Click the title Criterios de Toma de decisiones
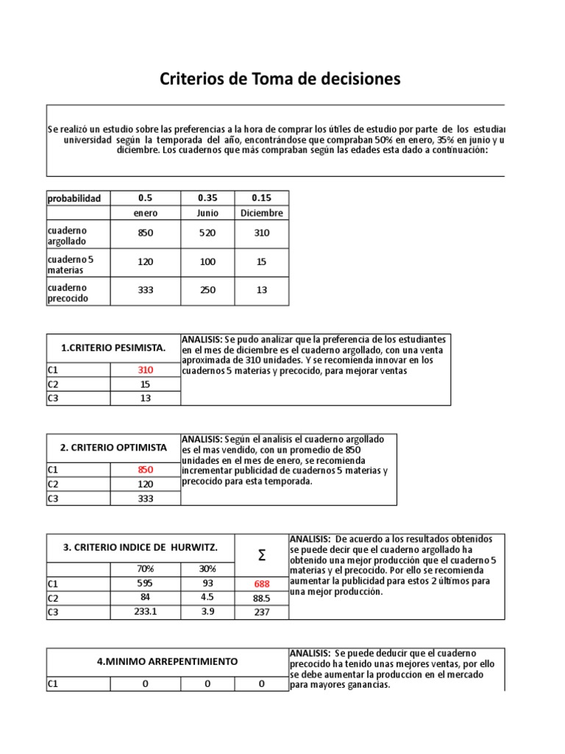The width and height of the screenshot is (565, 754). click(280, 80)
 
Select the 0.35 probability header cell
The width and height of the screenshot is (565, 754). click(208, 198)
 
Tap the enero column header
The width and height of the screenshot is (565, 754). click(145, 213)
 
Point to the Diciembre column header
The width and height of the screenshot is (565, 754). click(262, 213)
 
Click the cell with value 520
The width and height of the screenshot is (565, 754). click(208, 233)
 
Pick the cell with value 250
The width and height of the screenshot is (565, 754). click(208, 290)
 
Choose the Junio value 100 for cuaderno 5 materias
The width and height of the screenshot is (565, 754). click(208, 261)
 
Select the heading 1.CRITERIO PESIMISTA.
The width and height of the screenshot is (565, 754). click(113, 348)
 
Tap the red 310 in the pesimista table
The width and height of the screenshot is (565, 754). click(145, 370)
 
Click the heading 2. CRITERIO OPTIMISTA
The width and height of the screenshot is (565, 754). click(113, 447)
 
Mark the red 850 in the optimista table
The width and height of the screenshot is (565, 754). click(145, 470)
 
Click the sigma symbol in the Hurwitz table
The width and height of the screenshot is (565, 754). click(262, 555)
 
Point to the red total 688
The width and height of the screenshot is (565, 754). click(262, 584)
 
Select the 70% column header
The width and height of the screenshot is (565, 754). click(145, 569)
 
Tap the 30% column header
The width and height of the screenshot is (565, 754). click(208, 569)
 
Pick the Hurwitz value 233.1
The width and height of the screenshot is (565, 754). click(145, 611)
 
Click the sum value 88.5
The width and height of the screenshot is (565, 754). click(262, 598)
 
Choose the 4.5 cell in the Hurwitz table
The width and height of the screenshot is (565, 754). click(208, 597)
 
